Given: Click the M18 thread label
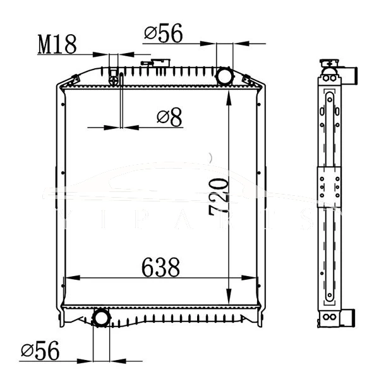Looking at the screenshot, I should pos(57,44).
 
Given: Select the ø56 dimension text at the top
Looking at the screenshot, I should pos(163,33).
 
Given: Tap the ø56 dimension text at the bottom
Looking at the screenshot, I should pos(40,351).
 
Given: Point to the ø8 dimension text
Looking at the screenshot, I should pos(169,116).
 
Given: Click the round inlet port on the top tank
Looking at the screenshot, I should pos(225,76).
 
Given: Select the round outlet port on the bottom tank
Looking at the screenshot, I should pos(101,317).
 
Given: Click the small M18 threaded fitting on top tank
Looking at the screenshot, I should pos(114,79).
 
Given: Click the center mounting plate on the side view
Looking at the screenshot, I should pos(329,187).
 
